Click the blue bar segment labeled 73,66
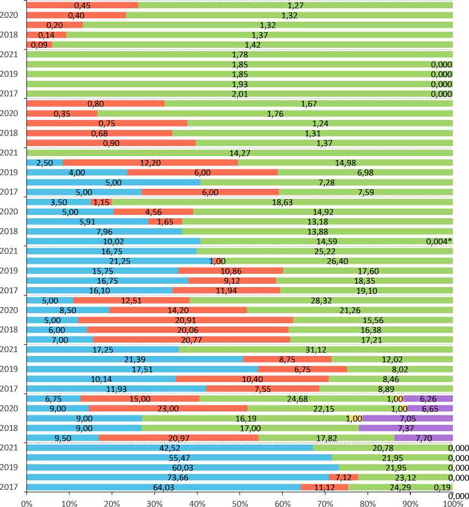point(177,477)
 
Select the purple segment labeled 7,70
point(424,438)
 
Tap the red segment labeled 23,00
point(168,408)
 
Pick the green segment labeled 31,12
point(316,349)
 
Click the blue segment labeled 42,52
point(170,448)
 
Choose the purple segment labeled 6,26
point(428,398)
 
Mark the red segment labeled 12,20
point(150,163)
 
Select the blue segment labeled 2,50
point(44,163)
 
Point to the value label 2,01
point(239,94)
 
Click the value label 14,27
point(239,153)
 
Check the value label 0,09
point(39,45)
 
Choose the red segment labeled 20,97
point(179,438)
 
